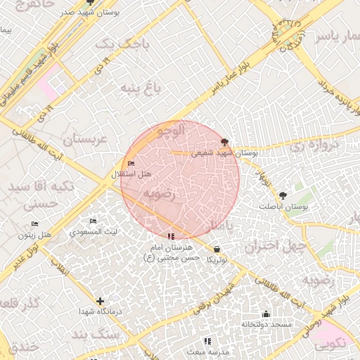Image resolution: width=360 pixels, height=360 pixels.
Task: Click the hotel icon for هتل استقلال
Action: pyautogui.click(x=131, y=164)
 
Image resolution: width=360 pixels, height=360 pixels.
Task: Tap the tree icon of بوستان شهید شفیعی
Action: pyautogui.click(x=224, y=141)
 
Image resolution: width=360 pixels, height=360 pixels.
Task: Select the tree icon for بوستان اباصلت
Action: pyautogui.click(x=283, y=196)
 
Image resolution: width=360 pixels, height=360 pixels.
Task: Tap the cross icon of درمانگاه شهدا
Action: pyautogui.click(x=100, y=301)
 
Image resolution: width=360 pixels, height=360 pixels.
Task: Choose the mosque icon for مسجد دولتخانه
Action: pyautogui.click(x=266, y=314)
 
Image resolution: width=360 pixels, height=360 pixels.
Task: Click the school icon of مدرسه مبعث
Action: pyautogui.click(x=207, y=341)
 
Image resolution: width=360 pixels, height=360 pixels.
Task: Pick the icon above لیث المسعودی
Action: pyautogui.click(x=94, y=221)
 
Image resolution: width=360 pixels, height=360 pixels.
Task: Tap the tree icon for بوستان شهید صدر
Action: pyautogui.click(x=89, y=3)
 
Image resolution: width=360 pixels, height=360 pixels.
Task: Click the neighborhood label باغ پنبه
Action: pyautogui.click(x=141, y=88)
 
